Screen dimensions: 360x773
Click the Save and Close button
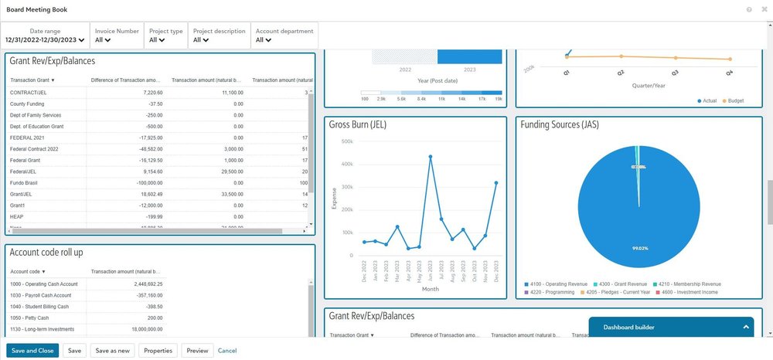pyautogui.click(x=32, y=351)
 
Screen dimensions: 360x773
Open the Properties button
pyautogui.click(x=158, y=351)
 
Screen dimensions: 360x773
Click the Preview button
pyautogui.click(x=197, y=351)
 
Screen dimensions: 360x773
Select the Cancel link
pyautogui.click(x=227, y=351)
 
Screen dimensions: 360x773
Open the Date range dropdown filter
pyautogui.click(x=45, y=39)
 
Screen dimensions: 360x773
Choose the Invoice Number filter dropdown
pyautogui.click(x=117, y=39)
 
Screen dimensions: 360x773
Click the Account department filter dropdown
pyautogui.click(x=284, y=39)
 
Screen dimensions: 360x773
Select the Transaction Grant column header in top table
pyautogui.click(x=32, y=80)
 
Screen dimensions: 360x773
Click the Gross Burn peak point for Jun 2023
pyautogui.click(x=430, y=157)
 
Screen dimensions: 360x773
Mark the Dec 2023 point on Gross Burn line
pyautogui.click(x=496, y=183)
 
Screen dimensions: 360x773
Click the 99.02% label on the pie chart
pyautogui.click(x=638, y=248)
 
